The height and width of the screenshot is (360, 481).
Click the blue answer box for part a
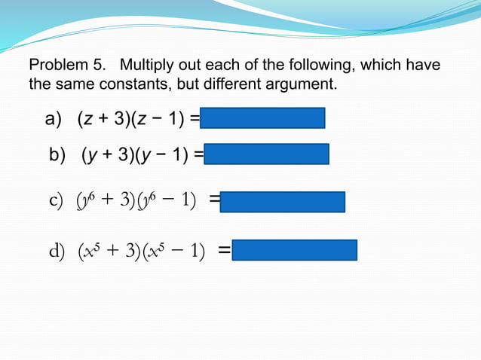coord(263,118)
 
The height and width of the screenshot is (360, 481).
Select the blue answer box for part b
coord(266,154)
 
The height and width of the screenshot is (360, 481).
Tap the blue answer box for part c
coord(283,202)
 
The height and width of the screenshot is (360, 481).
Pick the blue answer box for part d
coord(295,250)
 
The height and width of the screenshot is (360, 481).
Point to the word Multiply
coord(145,66)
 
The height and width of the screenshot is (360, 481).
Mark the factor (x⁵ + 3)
coord(111,250)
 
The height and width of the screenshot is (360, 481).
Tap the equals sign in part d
coord(224,250)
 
